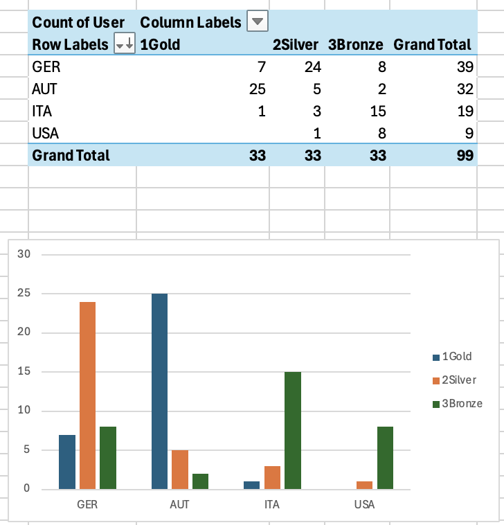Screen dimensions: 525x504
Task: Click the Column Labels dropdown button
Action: [258, 21]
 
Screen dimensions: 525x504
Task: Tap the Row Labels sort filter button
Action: [125, 44]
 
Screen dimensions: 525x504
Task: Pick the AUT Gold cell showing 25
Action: [257, 89]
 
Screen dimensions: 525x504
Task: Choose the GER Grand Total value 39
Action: [465, 67]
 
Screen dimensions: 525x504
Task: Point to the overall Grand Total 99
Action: [465, 155]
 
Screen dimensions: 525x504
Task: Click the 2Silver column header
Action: [296, 45]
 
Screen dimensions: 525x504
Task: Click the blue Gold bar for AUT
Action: [159, 391]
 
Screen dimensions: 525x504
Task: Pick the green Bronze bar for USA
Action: [385, 457]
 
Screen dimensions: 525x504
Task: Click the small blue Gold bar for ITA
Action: [252, 485]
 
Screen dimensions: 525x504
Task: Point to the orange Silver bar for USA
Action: [364, 485]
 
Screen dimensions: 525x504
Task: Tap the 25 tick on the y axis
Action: [25, 293]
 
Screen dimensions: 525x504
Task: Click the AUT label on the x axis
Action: [179, 504]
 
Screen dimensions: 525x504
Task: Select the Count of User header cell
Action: [78, 22]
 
